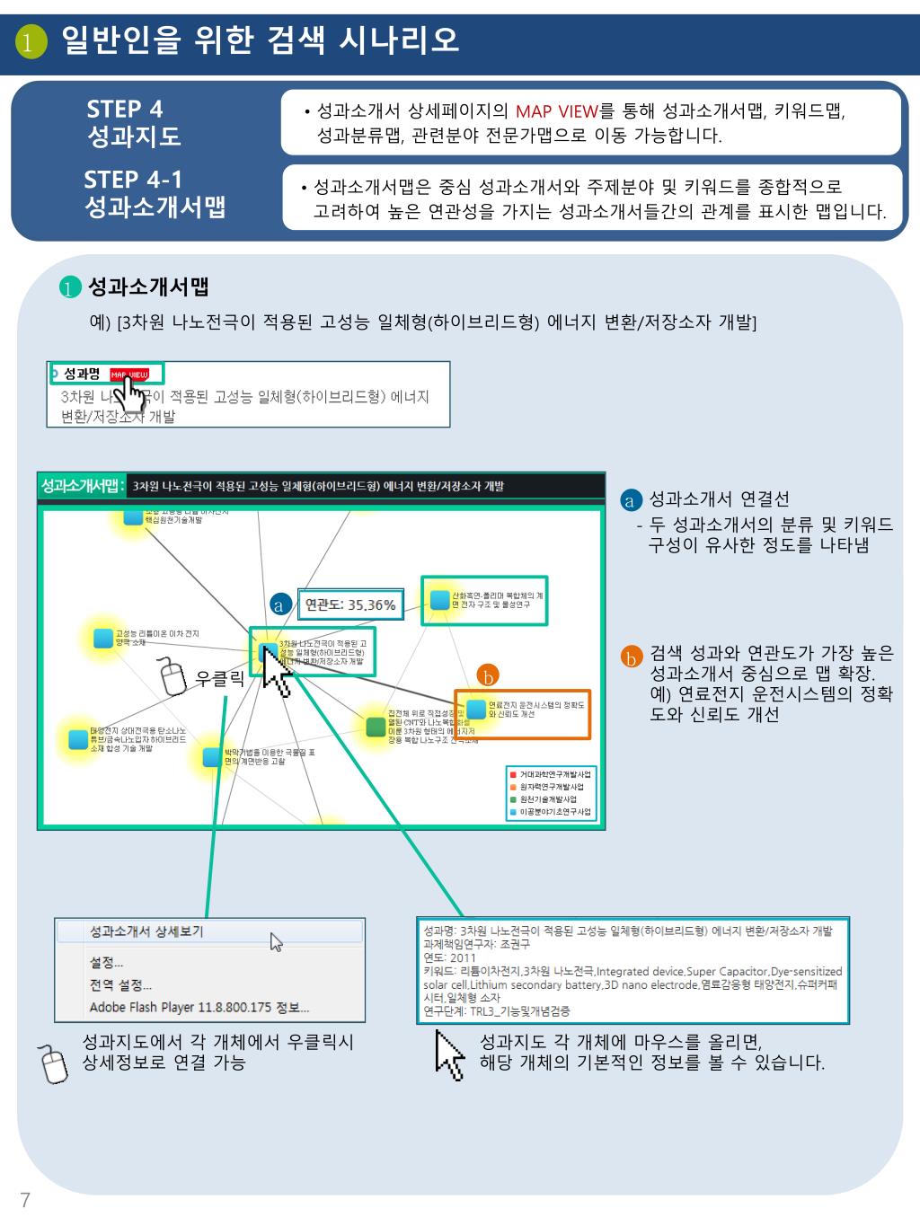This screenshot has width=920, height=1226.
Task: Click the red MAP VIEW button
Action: pos(128,375)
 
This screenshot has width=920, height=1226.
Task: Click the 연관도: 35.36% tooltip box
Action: pos(350,604)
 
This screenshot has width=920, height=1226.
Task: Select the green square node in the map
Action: pos(376,727)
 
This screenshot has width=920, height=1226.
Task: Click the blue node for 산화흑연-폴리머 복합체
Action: pos(439,600)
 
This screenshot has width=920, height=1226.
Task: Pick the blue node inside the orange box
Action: pos(476,709)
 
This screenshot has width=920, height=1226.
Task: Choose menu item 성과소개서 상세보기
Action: pos(146,931)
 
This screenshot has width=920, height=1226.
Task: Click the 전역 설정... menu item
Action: pos(121,984)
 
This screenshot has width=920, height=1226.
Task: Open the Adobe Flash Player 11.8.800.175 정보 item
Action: pos(199,1007)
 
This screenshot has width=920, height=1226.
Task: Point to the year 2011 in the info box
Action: pos(464,958)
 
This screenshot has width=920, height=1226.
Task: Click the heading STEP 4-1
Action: pos(133,180)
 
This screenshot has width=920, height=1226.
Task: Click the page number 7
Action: pos(25,1200)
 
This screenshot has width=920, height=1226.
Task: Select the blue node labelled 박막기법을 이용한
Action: pos(212,756)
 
